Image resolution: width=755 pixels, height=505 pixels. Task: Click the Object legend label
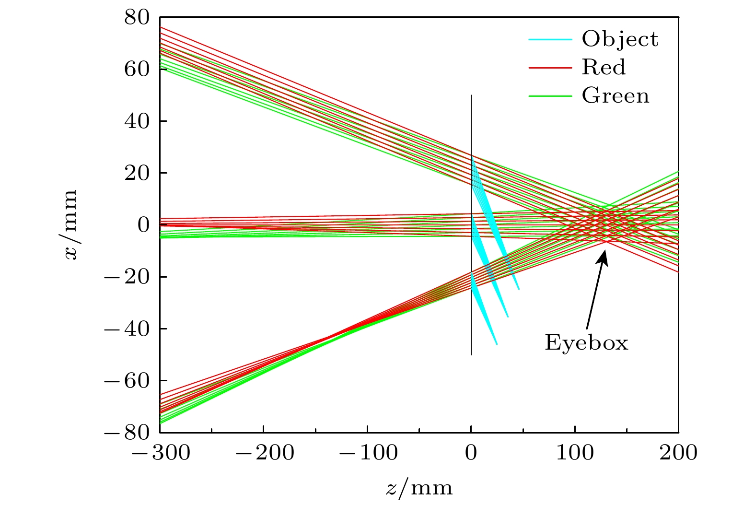coord(620,39)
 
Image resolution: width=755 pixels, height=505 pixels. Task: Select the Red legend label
coord(604,68)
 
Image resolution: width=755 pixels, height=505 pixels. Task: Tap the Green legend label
coord(616,96)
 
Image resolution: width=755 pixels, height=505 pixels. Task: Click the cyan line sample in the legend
coord(550,39)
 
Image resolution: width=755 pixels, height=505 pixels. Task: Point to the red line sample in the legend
coord(550,68)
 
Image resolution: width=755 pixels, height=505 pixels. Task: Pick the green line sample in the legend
coord(550,96)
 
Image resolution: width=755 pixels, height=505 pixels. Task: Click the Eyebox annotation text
coord(586,343)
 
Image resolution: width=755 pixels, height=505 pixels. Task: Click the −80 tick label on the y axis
coord(128,433)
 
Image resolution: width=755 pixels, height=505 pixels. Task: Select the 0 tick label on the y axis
coord(143,225)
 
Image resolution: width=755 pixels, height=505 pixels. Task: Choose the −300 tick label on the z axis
coord(160,453)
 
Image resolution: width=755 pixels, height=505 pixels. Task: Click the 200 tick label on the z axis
coord(678,453)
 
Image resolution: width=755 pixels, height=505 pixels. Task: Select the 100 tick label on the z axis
coord(575,453)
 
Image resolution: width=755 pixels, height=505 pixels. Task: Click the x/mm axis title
coord(71,225)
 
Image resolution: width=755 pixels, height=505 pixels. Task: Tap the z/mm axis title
coord(419,488)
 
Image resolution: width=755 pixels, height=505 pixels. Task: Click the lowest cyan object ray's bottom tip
coord(497,344)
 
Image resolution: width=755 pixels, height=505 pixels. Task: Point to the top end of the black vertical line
coord(471,95)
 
